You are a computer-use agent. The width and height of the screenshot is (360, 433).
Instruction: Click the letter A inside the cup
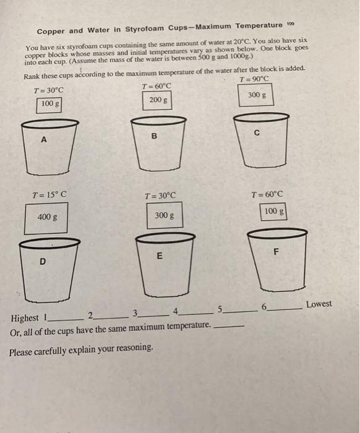click(43, 140)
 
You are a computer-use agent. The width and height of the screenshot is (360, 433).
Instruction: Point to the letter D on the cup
click(42, 262)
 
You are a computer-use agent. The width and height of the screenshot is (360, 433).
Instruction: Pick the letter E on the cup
click(159, 255)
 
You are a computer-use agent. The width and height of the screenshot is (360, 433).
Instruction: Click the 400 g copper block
click(44, 217)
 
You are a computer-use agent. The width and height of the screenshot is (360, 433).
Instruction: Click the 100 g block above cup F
click(273, 212)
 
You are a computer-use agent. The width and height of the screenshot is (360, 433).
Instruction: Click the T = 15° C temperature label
click(49, 194)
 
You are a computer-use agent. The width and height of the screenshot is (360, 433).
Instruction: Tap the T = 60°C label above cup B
click(156, 85)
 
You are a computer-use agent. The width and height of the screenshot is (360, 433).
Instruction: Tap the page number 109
click(290, 24)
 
